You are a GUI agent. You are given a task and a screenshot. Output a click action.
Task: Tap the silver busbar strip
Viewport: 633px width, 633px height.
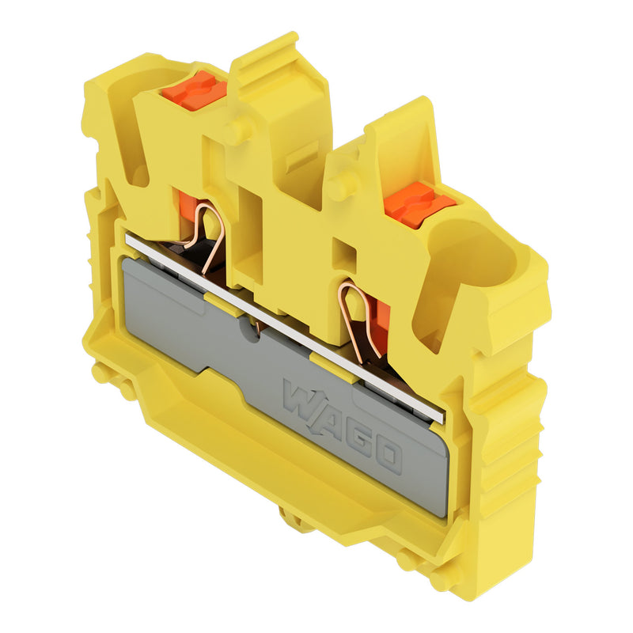pos(284,327)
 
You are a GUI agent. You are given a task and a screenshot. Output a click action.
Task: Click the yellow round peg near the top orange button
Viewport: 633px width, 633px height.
pos(237,128)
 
